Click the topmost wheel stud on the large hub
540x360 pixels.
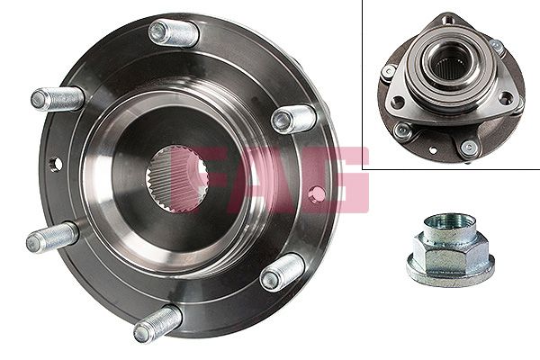pos(174,33)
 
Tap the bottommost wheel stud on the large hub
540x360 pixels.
pos(157,324)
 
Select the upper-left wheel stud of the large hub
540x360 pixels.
pos(58,99)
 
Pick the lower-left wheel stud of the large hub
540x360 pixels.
pos(53,238)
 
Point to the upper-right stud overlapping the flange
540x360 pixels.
pos(293,119)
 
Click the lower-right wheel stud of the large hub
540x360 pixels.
pos(282,273)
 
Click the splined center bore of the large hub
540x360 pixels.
pos(176,178)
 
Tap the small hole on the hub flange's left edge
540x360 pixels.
pos(56,164)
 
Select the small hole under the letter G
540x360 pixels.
pos(317,194)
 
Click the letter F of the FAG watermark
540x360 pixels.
pos(210,179)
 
